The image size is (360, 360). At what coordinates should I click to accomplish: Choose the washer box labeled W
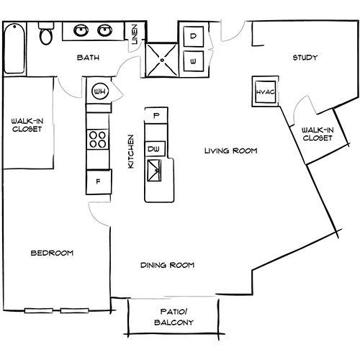[x=193, y=60]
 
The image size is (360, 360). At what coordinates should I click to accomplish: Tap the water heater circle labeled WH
[x=100, y=92]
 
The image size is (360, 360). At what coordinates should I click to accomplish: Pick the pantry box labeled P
[x=155, y=114]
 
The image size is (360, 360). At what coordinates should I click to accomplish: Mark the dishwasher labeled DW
[x=153, y=148]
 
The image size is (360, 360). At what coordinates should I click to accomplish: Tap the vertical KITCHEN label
[x=130, y=151]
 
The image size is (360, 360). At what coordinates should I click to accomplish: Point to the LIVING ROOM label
[x=230, y=150]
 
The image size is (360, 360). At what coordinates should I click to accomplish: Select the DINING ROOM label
[x=168, y=265]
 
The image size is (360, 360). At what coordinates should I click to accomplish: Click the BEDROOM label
[x=52, y=253]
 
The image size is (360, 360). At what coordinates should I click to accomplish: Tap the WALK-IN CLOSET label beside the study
[x=318, y=133]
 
